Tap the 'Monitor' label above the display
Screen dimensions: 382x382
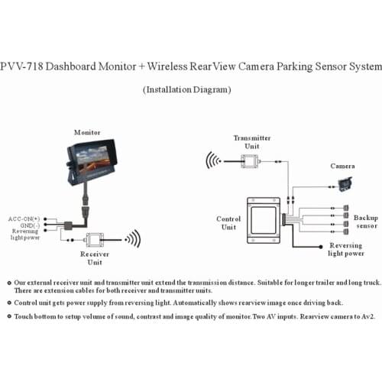tap(86, 132)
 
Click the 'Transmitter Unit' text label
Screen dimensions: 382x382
tap(251, 142)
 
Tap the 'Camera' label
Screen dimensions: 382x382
tap(342, 166)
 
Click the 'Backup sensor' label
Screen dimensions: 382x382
tap(366, 222)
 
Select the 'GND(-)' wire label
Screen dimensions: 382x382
tap(29, 225)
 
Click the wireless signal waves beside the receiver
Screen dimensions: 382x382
tap(133, 238)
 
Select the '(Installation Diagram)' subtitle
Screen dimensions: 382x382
tap(187, 89)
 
